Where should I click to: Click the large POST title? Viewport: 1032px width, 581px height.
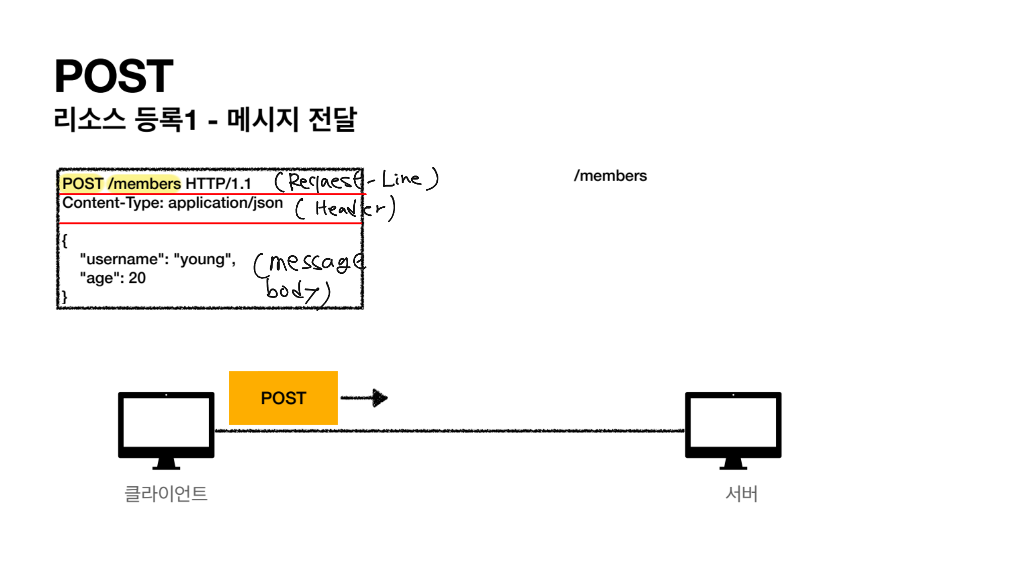tap(114, 76)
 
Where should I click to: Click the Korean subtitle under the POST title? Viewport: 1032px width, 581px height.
tap(205, 120)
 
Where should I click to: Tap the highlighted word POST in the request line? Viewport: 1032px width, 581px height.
tap(83, 184)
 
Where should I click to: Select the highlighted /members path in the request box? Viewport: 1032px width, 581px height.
tap(145, 184)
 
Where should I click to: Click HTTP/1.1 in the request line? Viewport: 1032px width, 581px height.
tap(218, 184)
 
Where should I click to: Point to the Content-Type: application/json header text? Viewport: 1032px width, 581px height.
tap(172, 203)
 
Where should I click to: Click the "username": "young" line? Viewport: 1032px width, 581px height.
tap(158, 259)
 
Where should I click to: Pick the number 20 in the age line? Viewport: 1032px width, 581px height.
tap(137, 278)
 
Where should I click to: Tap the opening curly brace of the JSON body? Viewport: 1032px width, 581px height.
tap(64, 241)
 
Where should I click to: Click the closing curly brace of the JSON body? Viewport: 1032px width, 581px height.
tap(64, 297)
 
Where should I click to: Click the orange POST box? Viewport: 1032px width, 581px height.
tap(283, 398)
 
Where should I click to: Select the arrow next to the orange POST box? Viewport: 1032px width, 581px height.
tap(364, 398)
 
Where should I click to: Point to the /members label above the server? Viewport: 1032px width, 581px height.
tap(610, 176)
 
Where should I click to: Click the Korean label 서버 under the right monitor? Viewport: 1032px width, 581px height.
tap(741, 494)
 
